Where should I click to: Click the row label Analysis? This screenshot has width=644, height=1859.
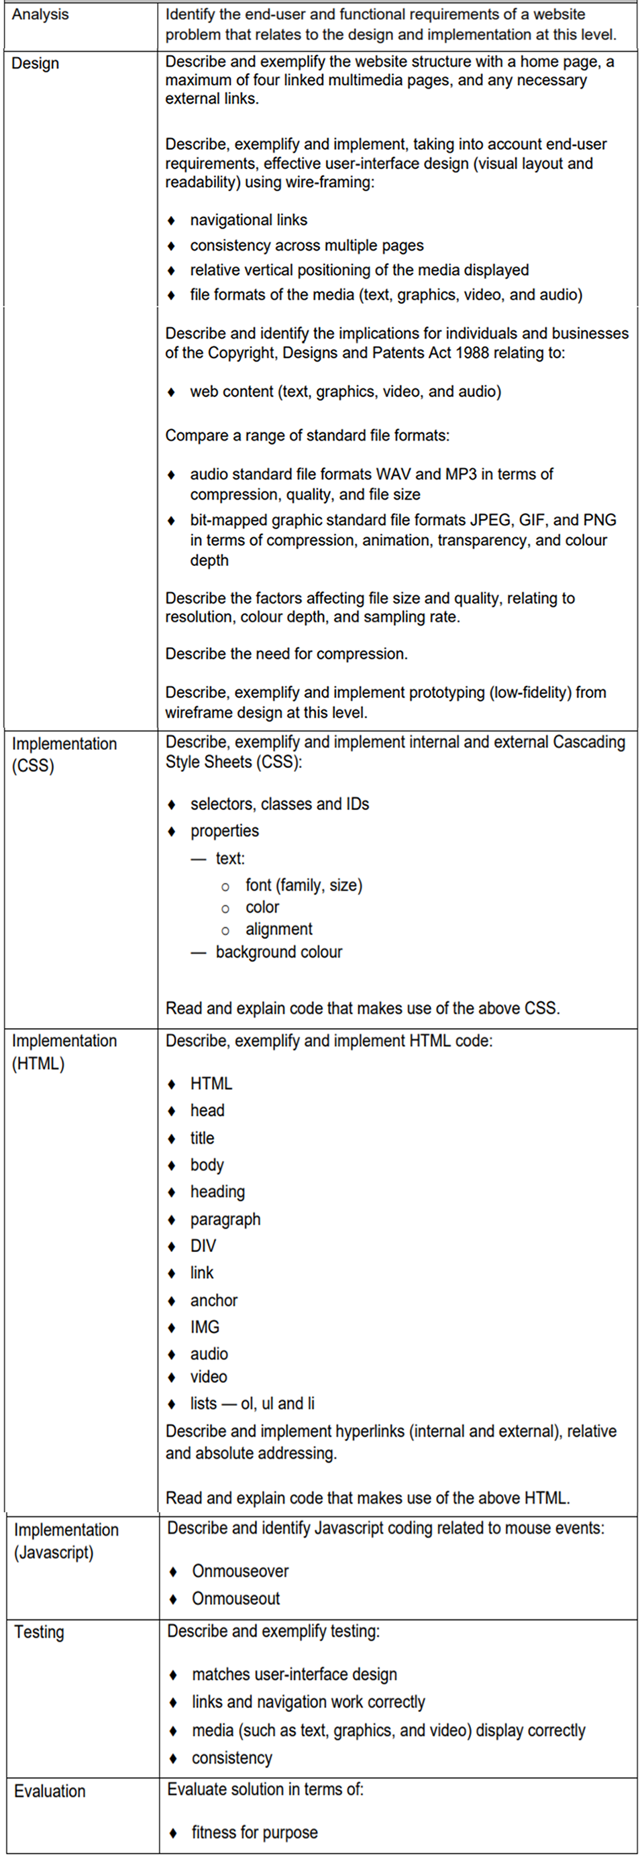click(x=40, y=15)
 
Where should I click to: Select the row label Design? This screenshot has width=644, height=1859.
click(x=35, y=64)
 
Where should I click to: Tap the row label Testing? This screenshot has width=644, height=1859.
click(x=39, y=1632)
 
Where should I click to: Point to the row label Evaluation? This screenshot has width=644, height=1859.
click(x=49, y=1791)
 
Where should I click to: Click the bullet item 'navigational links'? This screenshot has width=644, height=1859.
click(x=248, y=220)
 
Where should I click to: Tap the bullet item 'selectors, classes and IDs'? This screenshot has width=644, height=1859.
click(x=280, y=804)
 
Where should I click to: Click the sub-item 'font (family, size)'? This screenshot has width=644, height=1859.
click(x=303, y=885)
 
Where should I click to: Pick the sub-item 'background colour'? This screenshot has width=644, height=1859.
click(x=278, y=952)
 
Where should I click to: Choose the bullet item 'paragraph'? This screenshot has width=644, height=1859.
click(x=225, y=1219)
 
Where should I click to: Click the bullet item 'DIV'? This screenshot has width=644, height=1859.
click(x=203, y=1245)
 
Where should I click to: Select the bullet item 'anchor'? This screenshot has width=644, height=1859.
click(x=214, y=1300)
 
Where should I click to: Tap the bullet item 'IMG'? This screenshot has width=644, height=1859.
click(x=205, y=1327)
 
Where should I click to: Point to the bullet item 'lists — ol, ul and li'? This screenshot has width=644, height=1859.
click(x=252, y=1403)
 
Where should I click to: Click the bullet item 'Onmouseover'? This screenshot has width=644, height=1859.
click(x=239, y=1571)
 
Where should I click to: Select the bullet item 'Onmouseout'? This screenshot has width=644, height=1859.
click(x=235, y=1599)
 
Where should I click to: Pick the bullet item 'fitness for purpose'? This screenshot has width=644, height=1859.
click(x=254, y=1832)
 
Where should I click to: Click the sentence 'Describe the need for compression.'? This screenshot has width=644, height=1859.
click(x=286, y=654)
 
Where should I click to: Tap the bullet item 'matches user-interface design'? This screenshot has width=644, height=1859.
click(x=294, y=1675)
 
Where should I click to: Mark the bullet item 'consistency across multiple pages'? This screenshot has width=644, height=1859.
click(x=307, y=245)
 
